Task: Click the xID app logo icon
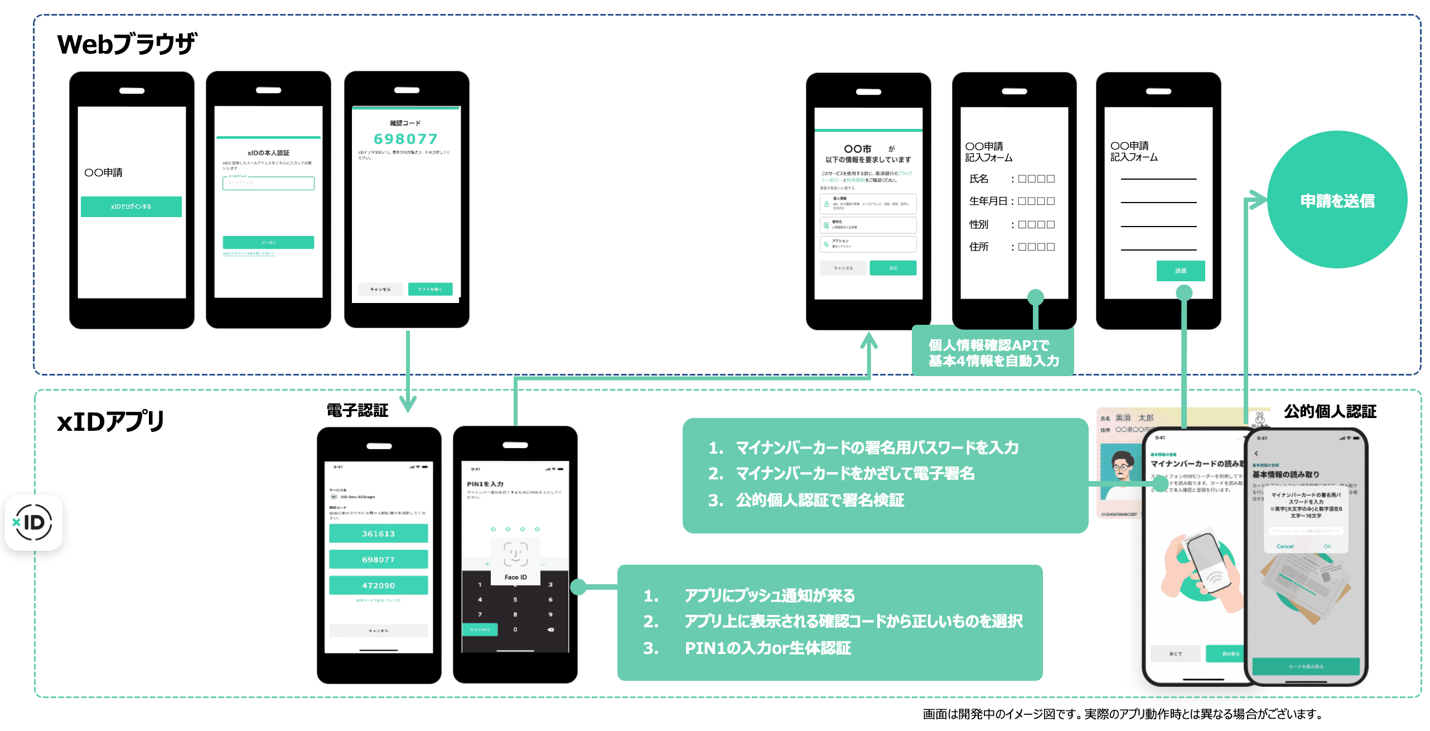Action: (x=33, y=523)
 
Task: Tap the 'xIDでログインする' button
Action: (x=131, y=206)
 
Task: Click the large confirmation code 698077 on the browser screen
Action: (x=405, y=139)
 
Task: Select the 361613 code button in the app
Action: (x=378, y=533)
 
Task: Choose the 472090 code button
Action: (x=378, y=585)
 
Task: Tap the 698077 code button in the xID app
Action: (x=378, y=559)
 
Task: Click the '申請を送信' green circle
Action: (x=1337, y=200)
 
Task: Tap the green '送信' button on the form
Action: (x=1180, y=271)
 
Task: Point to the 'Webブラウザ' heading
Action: (x=127, y=44)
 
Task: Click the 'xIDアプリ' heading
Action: (x=110, y=421)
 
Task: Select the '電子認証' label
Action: (x=357, y=411)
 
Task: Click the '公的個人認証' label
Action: (x=1330, y=412)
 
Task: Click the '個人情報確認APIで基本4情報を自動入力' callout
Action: (x=993, y=353)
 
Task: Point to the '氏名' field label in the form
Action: (x=979, y=179)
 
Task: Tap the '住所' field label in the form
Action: (x=979, y=247)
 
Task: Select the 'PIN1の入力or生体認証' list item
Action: (x=767, y=648)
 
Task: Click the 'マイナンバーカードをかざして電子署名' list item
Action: (x=854, y=474)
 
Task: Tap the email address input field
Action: (x=268, y=183)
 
